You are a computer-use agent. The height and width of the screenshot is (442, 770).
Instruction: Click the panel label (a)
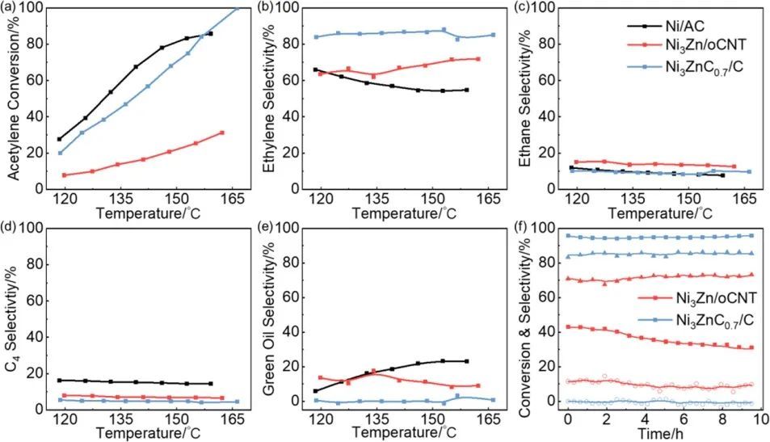pos(11,8)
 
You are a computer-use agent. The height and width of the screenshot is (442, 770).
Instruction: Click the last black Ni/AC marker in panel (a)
pos(210,33)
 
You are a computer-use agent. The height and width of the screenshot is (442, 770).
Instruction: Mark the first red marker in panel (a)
pos(65,175)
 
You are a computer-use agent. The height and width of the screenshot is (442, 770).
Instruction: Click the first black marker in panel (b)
pos(315,69)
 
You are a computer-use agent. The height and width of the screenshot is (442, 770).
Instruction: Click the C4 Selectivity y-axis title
pos(14,319)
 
